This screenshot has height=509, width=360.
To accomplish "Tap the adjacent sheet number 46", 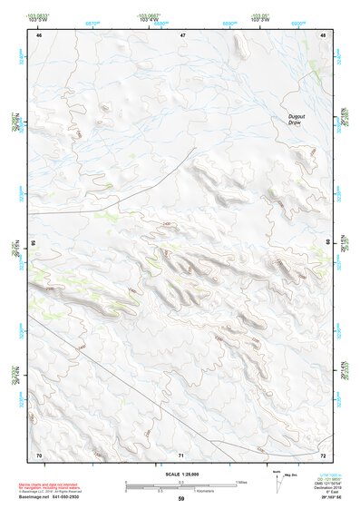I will pyautogui.click(x=39, y=34).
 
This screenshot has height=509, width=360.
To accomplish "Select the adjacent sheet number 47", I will pyautogui.click(x=182, y=34).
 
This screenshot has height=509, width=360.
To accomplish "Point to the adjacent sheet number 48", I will pyautogui.click(x=324, y=34).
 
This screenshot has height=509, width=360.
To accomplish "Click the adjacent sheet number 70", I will pyautogui.click(x=38, y=454).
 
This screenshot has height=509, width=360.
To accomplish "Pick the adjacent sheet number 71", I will pyautogui.click(x=182, y=454).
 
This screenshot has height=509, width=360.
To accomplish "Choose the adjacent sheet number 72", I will pyautogui.click(x=324, y=454).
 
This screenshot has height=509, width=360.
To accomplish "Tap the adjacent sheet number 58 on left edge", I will pyautogui.click(x=32, y=243).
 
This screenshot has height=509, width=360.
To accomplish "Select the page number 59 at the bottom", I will pyautogui.click(x=181, y=499).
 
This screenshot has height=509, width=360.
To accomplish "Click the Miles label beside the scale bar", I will pyautogui.click(x=240, y=482).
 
